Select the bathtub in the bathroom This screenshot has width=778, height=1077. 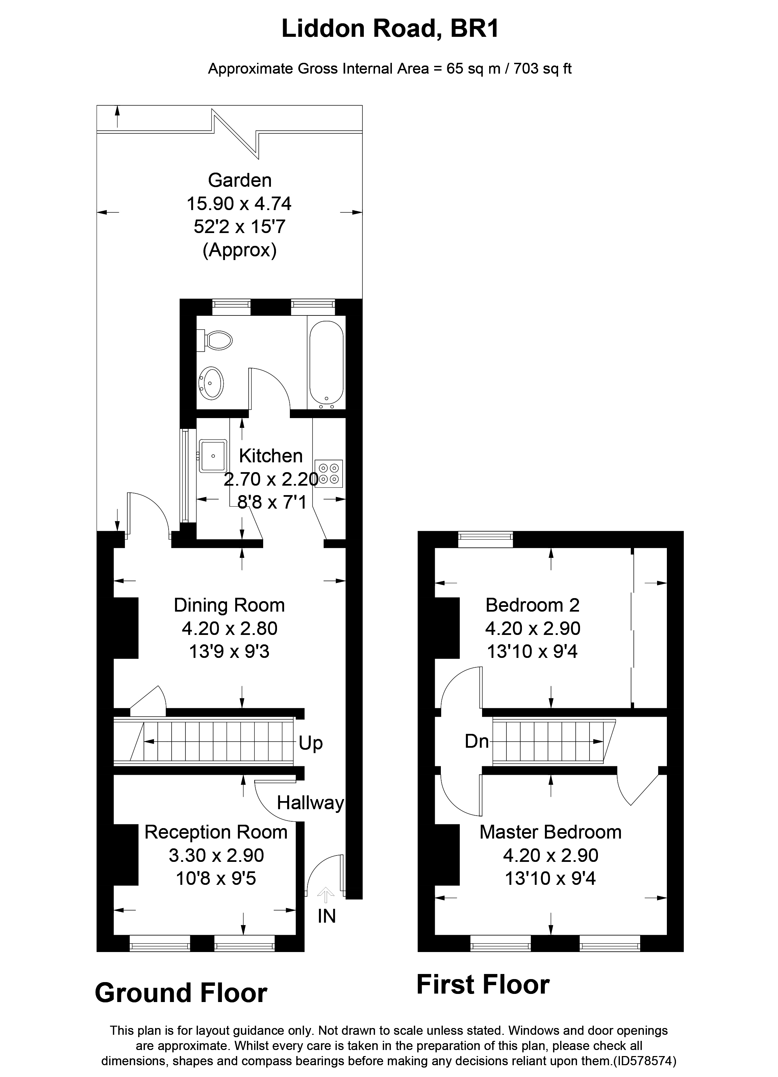pos(326,363)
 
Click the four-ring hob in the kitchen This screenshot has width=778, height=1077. pos(329,473)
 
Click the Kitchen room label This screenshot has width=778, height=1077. pos(271,456)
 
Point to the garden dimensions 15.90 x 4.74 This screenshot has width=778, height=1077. pos(239,204)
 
